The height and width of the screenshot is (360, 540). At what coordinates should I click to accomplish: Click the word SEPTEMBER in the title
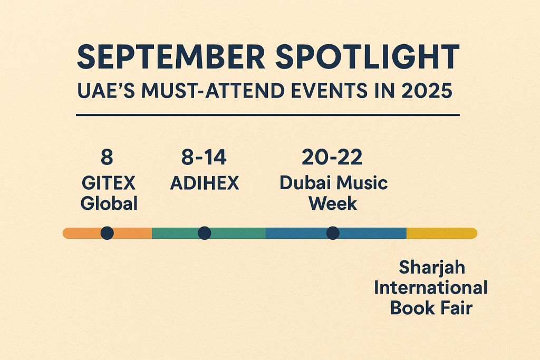tap(171, 56)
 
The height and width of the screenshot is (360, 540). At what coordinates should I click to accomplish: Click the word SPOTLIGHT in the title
tap(368, 56)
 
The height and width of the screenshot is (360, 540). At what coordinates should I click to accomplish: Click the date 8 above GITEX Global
tap(107, 157)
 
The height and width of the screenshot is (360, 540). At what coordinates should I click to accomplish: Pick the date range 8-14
tap(204, 157)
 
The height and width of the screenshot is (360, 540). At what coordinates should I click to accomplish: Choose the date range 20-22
tap(332, 157)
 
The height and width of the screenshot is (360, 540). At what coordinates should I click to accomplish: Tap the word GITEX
tap(109, 183)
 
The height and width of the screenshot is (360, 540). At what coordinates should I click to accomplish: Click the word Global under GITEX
tap(109, 203)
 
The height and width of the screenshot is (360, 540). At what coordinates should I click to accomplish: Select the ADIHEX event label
tap(205, 183)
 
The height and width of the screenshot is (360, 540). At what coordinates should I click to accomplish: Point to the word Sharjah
tap(432, 267)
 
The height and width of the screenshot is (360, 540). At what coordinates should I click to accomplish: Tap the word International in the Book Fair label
tap(431, 287)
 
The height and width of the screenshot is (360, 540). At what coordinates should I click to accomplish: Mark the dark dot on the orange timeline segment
tap(107, 233)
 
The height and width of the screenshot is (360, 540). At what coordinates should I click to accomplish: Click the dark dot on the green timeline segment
tap(205, 233)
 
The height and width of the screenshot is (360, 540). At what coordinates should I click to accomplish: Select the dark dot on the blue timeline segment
tap(333, 233)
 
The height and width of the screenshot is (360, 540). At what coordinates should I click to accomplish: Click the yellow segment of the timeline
tap(442, 233)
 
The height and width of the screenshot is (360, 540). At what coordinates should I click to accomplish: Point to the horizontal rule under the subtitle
tap(268, 115)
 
